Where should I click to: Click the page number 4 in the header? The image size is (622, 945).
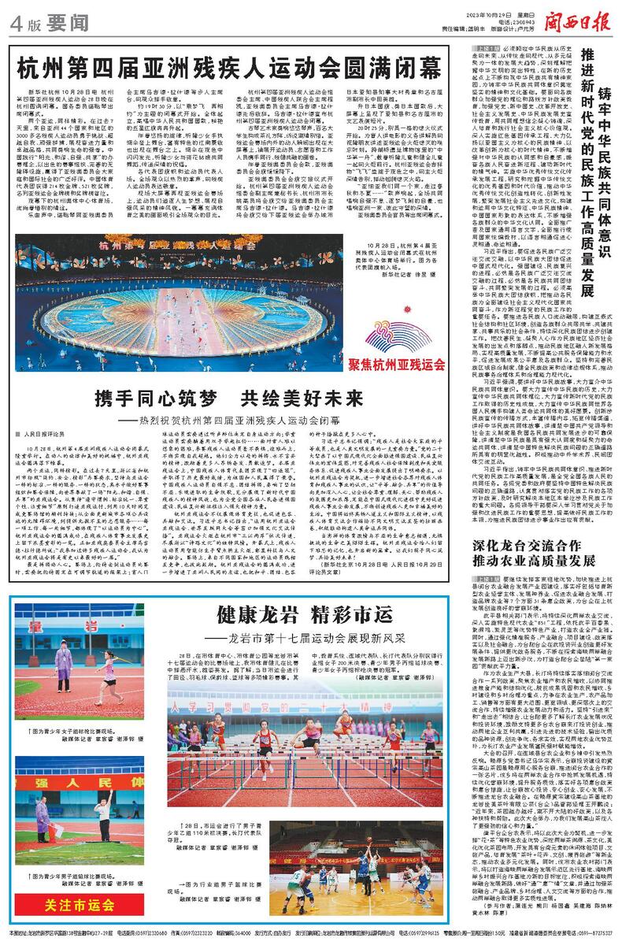click(x=17, y=23)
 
